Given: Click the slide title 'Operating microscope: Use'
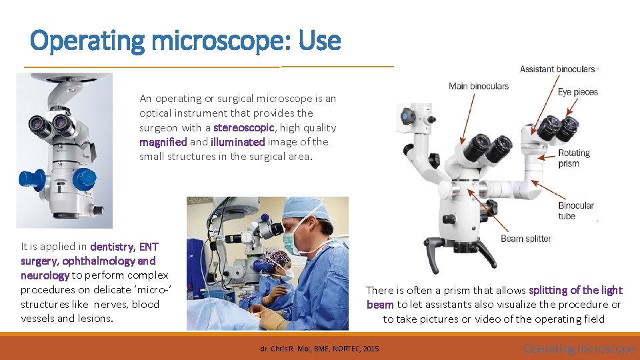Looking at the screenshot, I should coord(185,41).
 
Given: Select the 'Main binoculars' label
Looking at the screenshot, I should coord(478,86).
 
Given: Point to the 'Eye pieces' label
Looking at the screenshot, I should coord(578,92).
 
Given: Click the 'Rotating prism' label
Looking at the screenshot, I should coord(574,158).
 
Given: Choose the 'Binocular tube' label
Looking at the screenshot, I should coord(576,211).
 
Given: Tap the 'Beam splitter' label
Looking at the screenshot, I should coord(525,239).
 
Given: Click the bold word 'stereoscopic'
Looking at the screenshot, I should coord(243,127).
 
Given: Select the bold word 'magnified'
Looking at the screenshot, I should coord(163,142).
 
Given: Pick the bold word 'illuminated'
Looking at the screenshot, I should coord(237,142).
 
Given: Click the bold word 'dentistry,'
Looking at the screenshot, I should coord(115,247).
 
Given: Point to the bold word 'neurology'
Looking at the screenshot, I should coord(45,275).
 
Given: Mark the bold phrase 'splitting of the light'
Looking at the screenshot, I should coord(575,290).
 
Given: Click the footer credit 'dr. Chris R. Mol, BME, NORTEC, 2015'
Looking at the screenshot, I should coord(319,349).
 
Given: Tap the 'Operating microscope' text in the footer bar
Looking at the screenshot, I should coord(579,349).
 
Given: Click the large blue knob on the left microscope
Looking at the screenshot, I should coord(84,179).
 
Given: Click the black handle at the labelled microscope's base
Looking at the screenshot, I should coord(441,246).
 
